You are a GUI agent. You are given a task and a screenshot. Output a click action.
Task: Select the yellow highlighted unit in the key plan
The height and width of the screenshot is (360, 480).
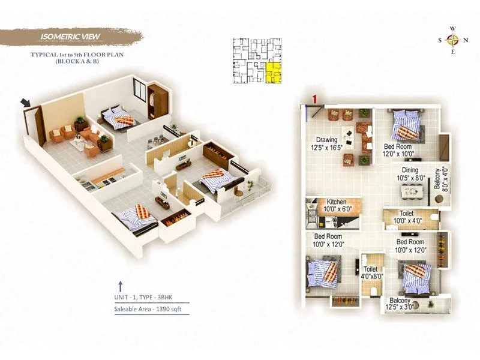tap(274, 71)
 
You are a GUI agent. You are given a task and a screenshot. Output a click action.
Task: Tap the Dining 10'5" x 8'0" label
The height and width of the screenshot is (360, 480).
tap(414, 174)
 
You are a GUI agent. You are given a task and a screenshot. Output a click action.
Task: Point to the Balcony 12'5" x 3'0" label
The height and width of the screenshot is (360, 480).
tap(400, 305)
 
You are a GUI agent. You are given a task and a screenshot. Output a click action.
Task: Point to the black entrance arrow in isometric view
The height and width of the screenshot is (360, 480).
tap(27, 104)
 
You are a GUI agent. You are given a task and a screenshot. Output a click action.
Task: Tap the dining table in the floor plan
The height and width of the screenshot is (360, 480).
tap(414, 191)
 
